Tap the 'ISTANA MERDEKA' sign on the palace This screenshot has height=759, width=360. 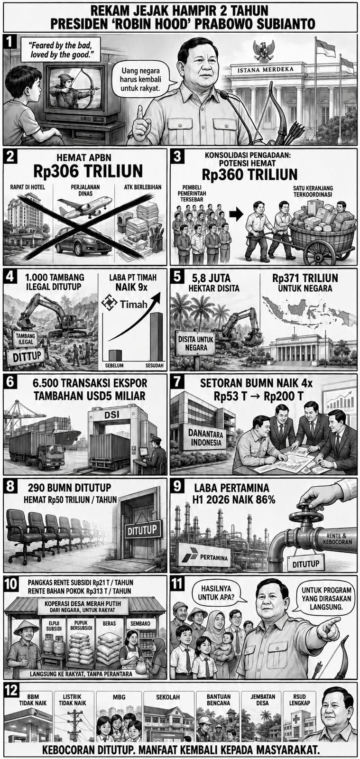click(265, 70)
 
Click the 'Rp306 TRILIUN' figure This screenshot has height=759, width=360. click(88, 171)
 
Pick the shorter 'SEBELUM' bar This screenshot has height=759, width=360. click(115, 355)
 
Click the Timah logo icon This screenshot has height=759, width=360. click(110, 303)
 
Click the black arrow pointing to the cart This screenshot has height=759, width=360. click(236, 214)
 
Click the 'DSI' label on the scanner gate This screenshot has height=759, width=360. click(111, 415)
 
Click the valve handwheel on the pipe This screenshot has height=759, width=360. click(306, 517)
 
